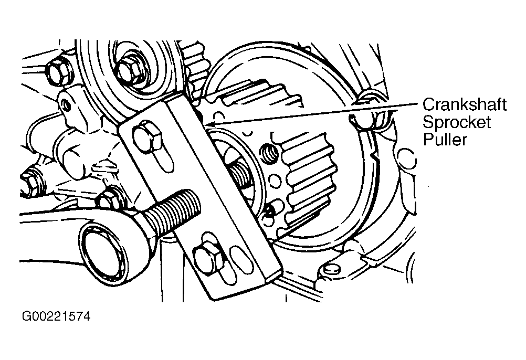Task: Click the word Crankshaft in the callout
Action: point(466,105)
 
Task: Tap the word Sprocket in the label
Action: point(457,122)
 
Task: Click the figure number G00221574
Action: point(56,317)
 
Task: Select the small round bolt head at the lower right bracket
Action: point(330,269)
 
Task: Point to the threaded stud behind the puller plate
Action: point(241,173)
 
